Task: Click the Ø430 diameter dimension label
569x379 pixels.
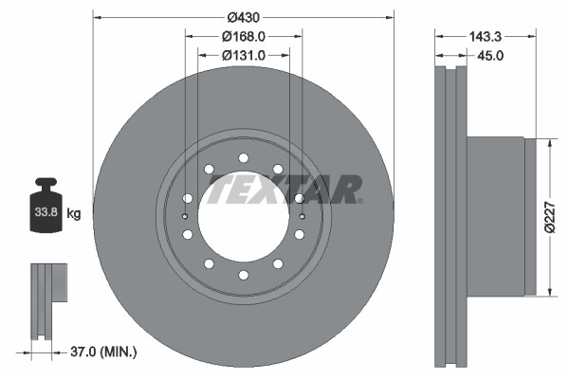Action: coord(244,17)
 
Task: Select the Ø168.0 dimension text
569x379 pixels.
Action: coord(244,36)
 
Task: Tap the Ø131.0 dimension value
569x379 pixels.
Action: coord(244,55)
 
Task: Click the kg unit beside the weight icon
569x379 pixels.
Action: coord(74,214)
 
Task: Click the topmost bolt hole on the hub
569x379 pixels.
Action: coord(244,157)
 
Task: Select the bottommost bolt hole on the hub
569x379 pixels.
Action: coord(244,275)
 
